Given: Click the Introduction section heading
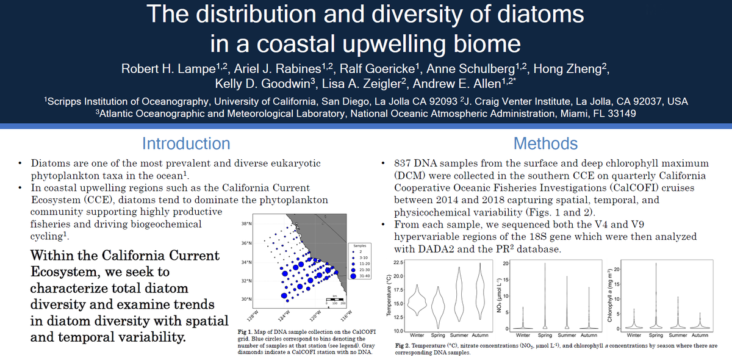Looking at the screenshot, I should click(x=186, y=144).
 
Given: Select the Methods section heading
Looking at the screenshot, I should click(x=545, y=144).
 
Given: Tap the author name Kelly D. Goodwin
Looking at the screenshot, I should click(x=256, y=83).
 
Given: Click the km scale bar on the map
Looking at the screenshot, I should click(x=334, y=300).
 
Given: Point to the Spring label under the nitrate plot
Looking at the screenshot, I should click(x=545, y=335).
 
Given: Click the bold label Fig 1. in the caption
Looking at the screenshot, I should click(x=245, y=332).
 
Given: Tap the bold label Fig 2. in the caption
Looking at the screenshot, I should click(x=401, y=346).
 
